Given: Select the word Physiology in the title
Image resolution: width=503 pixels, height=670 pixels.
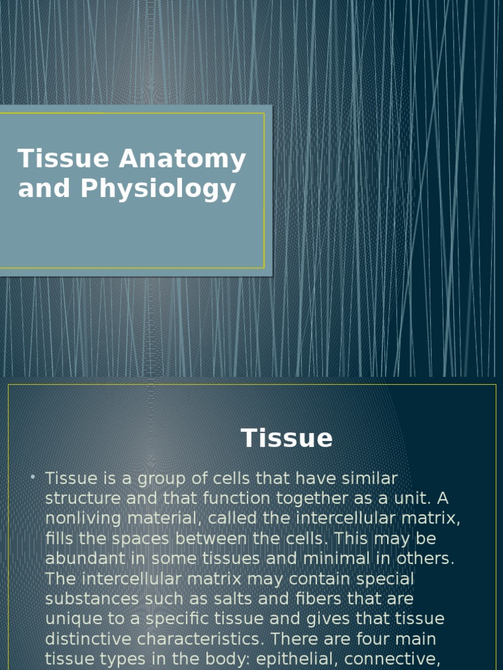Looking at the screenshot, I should tap(158, 188).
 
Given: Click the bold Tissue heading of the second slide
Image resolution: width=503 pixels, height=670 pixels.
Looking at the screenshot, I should tap(287, 438).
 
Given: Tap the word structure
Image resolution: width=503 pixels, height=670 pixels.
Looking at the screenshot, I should tap(83, 499).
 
